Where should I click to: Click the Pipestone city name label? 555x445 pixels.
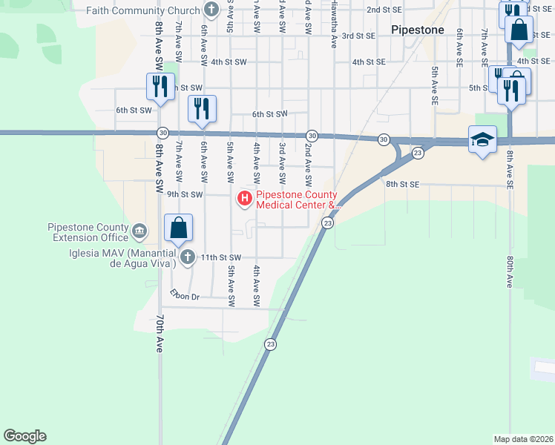(418, 30)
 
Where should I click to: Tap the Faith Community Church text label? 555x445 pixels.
(143, 10)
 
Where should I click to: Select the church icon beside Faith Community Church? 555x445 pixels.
(211, 10)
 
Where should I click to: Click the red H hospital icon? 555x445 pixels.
(244, 198)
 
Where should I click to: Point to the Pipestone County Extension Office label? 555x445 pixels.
(88, 232)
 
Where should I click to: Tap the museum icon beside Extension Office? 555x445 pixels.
(139, 232)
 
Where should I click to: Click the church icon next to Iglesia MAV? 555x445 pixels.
(187, 257)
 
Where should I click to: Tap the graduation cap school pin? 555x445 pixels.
(482, 139)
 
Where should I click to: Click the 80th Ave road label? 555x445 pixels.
(510, 272)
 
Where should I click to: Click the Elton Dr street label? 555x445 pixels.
(185, 297)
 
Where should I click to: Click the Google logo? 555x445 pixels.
(24, 436)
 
